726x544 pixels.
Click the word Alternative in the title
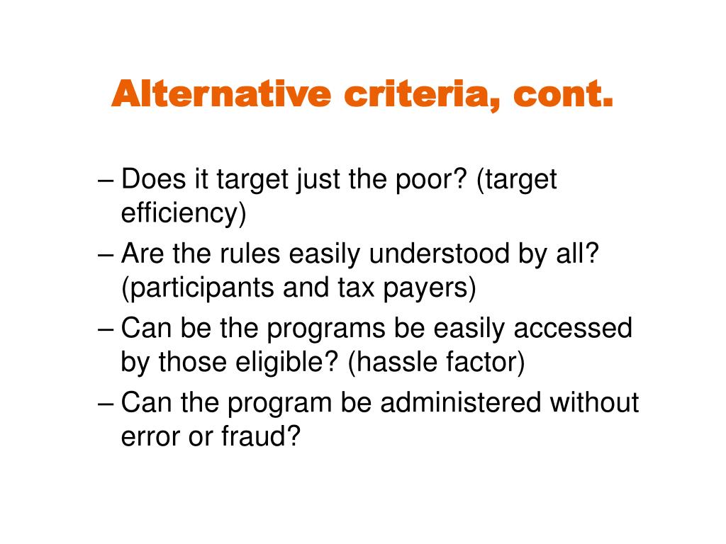221,94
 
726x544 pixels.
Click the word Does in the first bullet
153,178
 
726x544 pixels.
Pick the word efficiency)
184,213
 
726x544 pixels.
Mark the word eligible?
287,363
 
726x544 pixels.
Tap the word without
594,402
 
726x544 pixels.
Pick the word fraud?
261,436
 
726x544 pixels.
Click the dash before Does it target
106,181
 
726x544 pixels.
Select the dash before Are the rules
106,256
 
